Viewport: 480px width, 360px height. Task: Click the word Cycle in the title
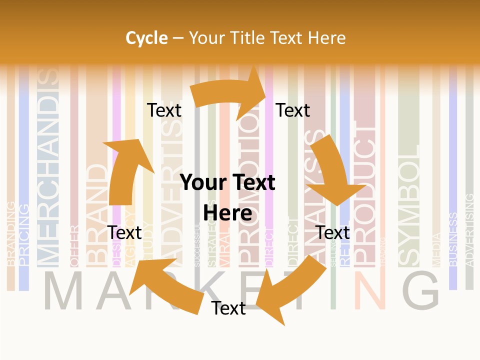(146, 38)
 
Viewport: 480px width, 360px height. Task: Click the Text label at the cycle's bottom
(228, 308)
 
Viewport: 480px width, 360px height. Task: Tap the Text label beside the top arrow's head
(293, 110)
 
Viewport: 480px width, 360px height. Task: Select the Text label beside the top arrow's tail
(164, 110)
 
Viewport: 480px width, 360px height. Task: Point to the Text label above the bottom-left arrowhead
(124, 232)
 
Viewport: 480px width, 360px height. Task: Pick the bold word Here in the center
(227, 213)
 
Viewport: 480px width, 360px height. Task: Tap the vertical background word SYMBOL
(409, 205)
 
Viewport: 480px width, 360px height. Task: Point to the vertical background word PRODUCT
(364, 195)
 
